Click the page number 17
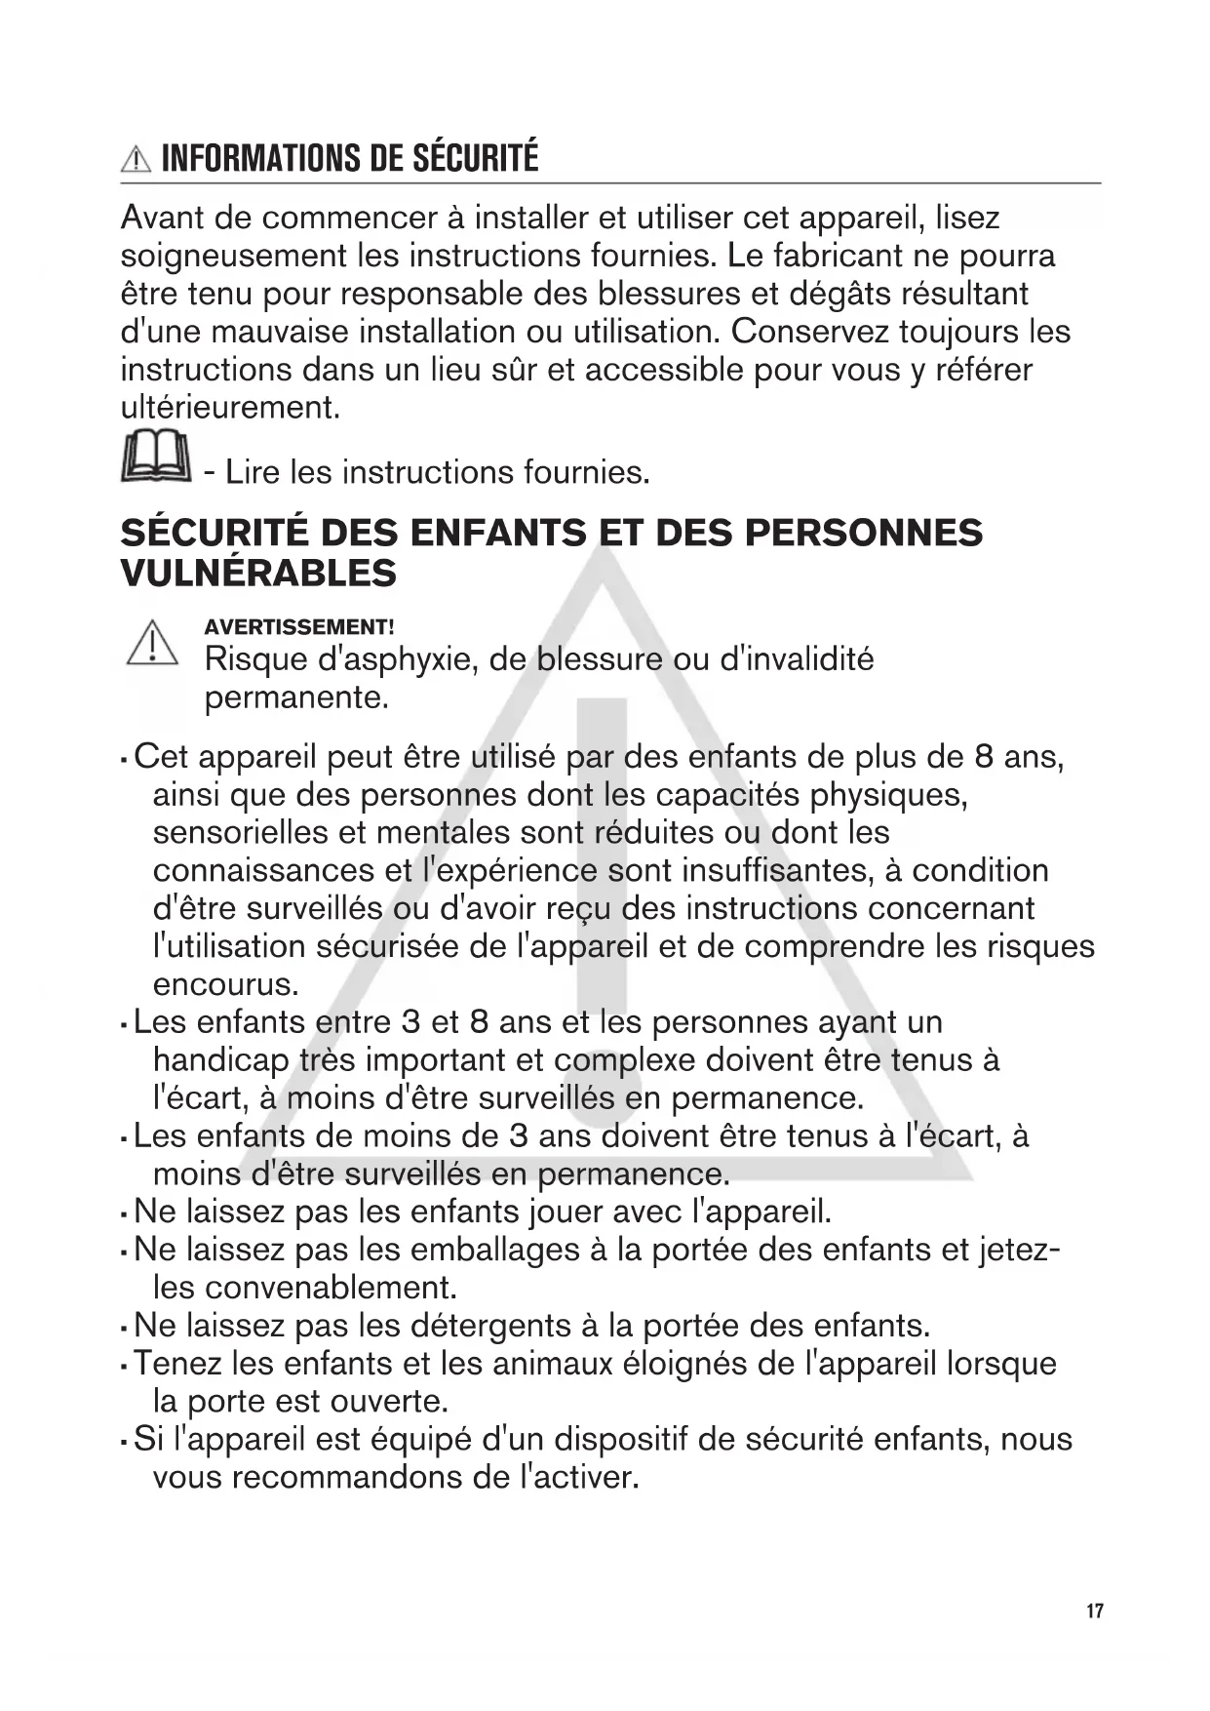tap(1095, 1610)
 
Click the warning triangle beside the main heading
tap(136, 159)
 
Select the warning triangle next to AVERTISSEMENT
tap(152, 644)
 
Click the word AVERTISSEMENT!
tap(298, 627)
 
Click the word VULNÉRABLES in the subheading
tap(258, 573)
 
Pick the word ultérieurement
tap(230, 407)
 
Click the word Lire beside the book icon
tap(253, 472)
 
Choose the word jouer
tap(565, 1212)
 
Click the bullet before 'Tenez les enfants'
tap(124, 1365)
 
